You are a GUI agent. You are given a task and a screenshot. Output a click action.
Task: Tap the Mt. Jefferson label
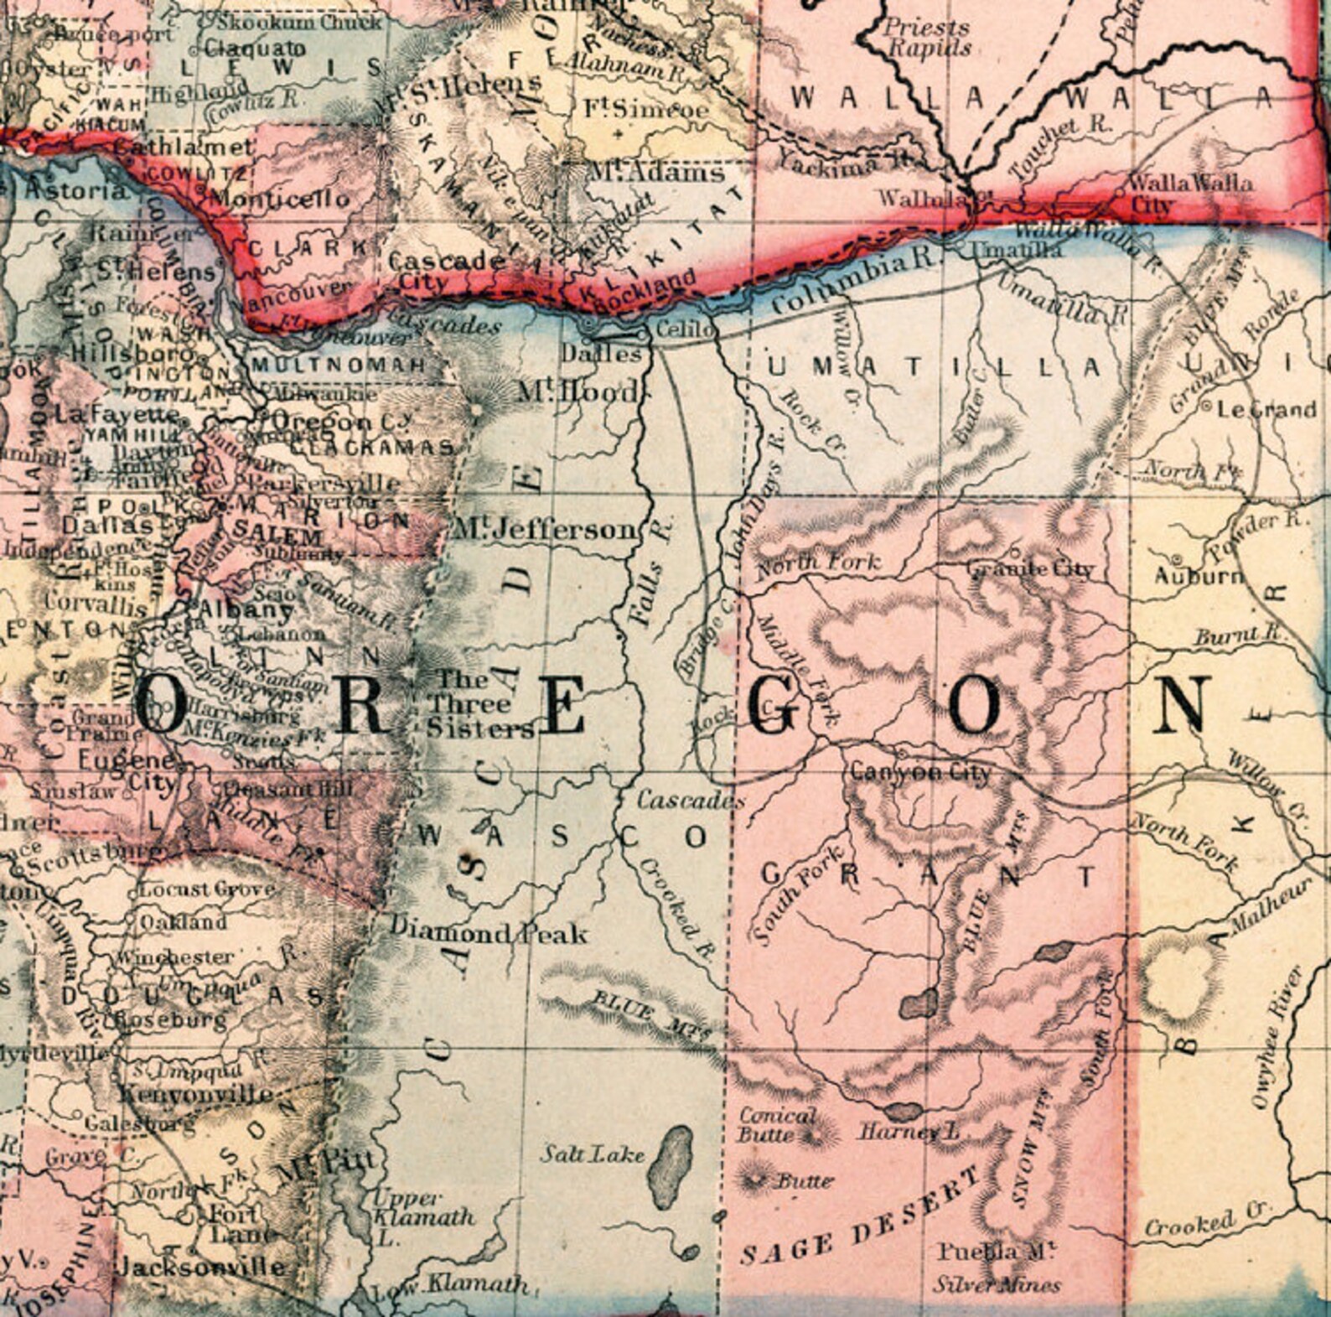click(x=545, y=529)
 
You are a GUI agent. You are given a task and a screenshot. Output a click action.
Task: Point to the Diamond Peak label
click(x=489, y=931)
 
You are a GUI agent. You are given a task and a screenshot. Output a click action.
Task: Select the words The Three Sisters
click(x=479, y=704)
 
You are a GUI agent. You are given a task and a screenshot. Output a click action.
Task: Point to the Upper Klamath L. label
click(x=422, y=1216)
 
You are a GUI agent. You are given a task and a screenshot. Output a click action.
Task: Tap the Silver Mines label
click(x=997, y=1284)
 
